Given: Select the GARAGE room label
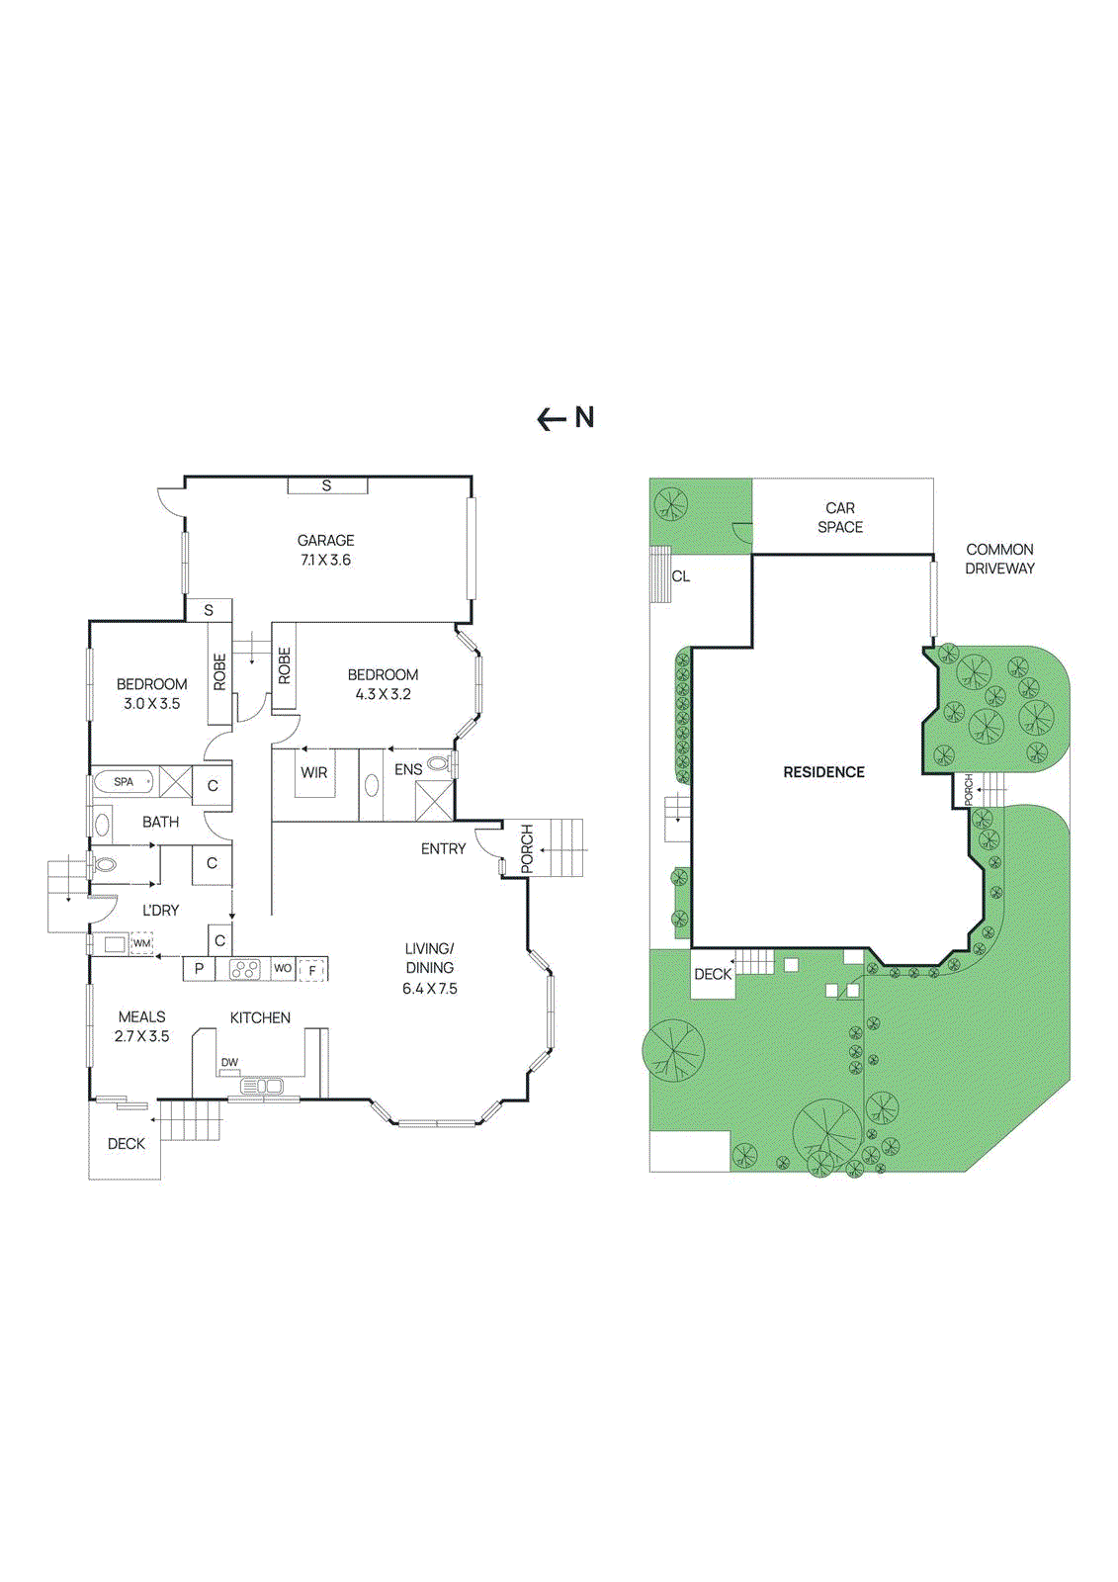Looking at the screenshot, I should pyautogui.click(x=325, y=540).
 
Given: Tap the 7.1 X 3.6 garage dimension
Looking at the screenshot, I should pyautogui.click(x=325, y=560).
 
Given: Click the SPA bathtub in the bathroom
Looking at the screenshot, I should pyautogui.click(x=124, y=782).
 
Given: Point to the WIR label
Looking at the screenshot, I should pyautogui.click(x=314, y=772).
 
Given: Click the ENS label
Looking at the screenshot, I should pyautogui.click(x=408, y=769).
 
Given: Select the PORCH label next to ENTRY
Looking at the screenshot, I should pyautogui.click(x=527, y=848).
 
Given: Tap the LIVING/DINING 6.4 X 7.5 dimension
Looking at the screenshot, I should pyautogui.click(x=430, y=989).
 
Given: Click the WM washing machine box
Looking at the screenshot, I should pyautogui.click(x=142, y=943).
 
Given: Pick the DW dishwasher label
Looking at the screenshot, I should pyautogui.click(x=229, y=1063).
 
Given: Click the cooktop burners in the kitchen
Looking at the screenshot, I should pyautogui.click(x=244, y=969).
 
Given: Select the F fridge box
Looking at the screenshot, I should pyautogui.click(x=312, y=971).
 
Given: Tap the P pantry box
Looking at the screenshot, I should pyautogui.click(x=199, y=969).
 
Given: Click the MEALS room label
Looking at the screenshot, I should pyautogui.click(x=141, y=1016).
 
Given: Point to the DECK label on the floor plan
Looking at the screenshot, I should pyautogui.click(x=126, y=1144).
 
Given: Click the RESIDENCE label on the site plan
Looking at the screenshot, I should pyautogui.click(x=823, y=772).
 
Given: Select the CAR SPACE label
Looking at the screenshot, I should pyautogui.click(x=840, y=517).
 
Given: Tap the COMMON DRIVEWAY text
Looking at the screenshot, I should pyautogui.click(x=999, y=559).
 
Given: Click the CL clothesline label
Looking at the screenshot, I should pyautogui.click(x=681, y=576).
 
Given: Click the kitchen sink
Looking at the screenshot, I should pyautogui.click(x=263, y=1087).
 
